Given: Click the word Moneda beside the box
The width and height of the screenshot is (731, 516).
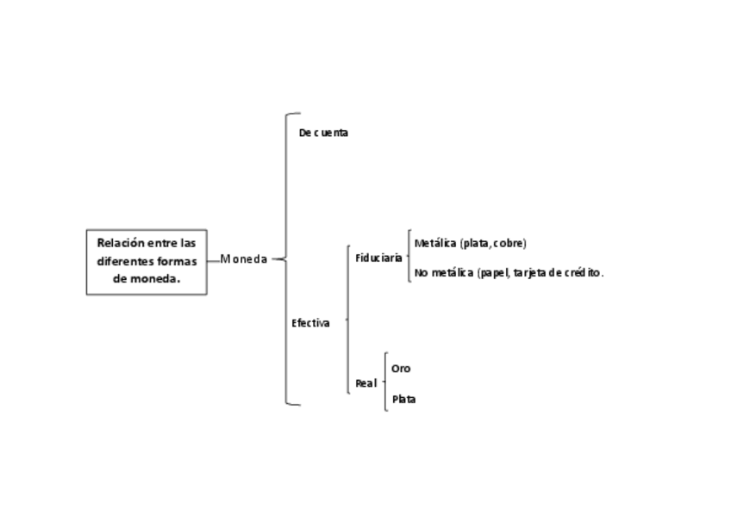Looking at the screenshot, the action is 244,258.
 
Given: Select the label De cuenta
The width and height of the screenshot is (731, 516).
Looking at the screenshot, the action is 323,133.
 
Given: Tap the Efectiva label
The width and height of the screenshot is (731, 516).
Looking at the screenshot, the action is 310,323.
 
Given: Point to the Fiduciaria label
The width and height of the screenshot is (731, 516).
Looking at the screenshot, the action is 378,257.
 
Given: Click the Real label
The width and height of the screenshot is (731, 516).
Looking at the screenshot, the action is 365,383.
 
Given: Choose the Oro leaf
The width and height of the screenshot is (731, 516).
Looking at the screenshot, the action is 401,368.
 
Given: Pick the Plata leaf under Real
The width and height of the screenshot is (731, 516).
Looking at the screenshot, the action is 403,399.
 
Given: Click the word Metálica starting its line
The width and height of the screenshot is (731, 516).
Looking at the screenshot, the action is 435,243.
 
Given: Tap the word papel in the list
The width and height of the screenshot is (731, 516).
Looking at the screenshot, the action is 494,273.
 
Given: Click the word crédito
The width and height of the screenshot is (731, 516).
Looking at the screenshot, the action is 583,273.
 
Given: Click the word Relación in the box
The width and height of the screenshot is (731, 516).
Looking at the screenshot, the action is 121,243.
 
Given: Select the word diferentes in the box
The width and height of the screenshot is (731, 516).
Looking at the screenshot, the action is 126,261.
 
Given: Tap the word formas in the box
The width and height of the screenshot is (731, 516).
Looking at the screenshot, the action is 178,261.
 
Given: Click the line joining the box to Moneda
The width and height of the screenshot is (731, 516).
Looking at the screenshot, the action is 213,258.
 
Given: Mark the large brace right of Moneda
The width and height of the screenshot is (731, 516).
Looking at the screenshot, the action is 286,258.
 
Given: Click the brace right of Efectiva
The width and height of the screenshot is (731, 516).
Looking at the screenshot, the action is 347,320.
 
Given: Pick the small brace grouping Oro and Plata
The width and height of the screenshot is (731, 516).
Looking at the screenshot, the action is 385,382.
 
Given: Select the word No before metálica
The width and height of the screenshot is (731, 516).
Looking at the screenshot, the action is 421,273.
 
